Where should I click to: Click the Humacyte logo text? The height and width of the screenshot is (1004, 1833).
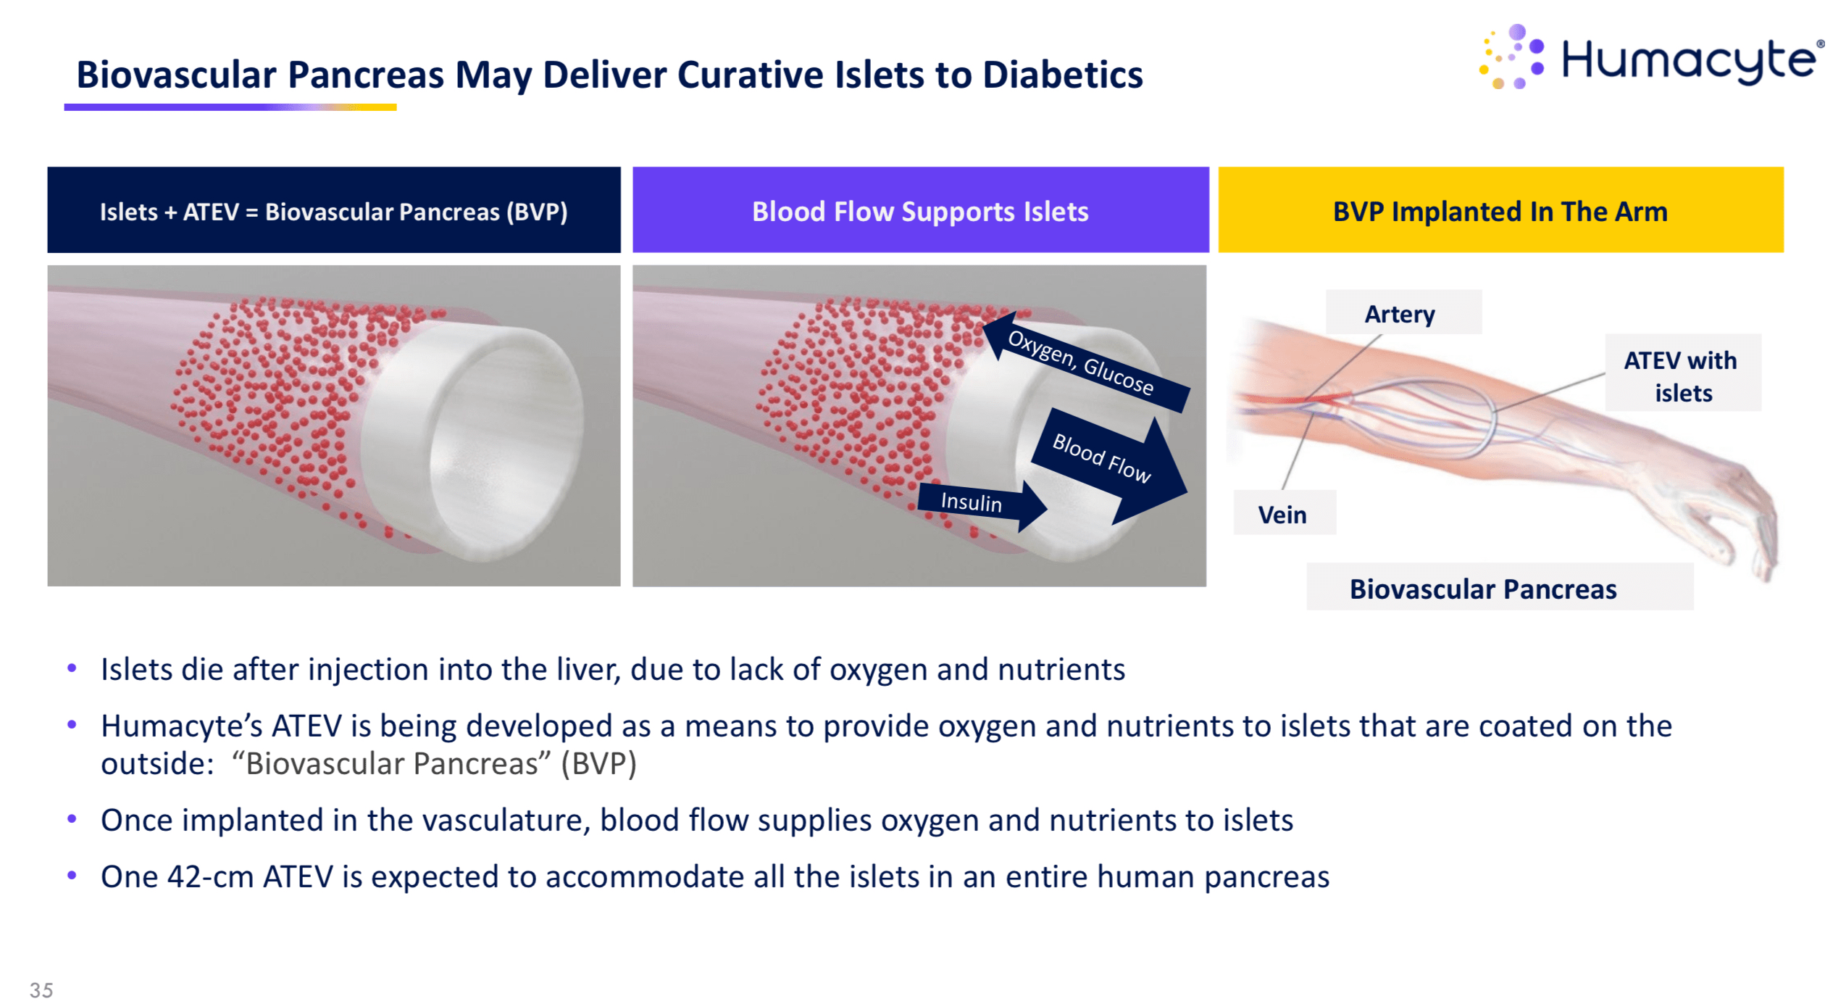coord(1688,59)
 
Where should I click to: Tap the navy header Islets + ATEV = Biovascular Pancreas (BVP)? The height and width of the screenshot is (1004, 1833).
coord(333,211)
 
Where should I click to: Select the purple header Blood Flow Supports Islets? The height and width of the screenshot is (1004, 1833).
coord(920,211)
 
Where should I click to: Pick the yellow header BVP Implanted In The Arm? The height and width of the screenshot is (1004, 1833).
coord(1500,211)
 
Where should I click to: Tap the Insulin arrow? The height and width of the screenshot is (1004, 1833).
coord(978,502)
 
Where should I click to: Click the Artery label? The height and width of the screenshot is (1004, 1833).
coord(1400,314)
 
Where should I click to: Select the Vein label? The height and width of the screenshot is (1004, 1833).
coord(1282,514)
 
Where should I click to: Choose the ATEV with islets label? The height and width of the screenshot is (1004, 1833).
coord(1681,376)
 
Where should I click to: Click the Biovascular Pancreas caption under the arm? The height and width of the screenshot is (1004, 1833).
coord(1482,589)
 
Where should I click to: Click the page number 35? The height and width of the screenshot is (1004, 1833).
coord(41,990)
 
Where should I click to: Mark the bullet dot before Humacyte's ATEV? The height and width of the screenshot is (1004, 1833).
coord(72,724)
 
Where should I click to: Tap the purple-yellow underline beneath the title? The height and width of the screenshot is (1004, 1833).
coord(230,107)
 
